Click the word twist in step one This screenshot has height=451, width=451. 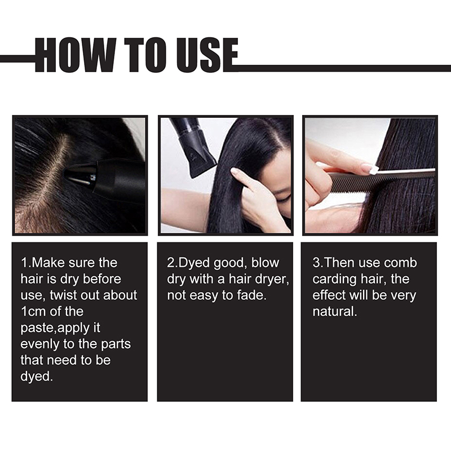coord(63,295)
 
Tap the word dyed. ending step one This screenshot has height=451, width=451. coord(37,377)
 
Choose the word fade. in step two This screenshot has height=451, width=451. coord(251,295)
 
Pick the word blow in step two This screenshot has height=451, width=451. coord(265,263)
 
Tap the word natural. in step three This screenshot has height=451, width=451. coord(335,312)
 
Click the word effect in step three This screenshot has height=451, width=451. coord(329,295)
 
